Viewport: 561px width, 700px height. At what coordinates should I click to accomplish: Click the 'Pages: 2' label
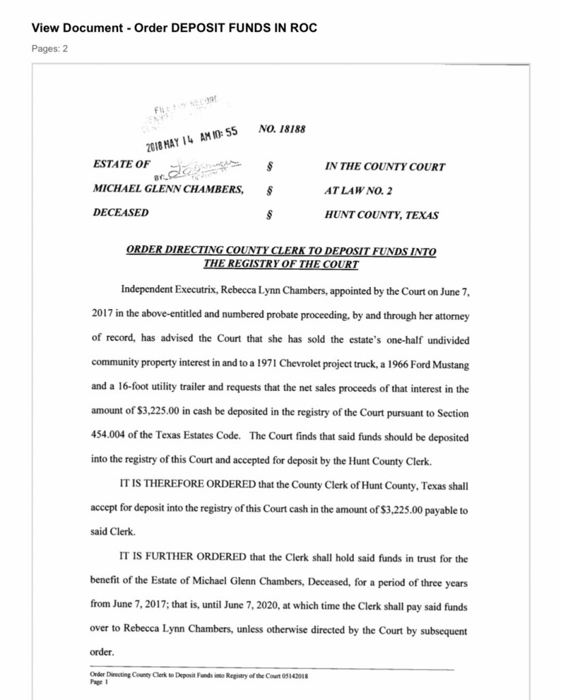[x=49, y=49]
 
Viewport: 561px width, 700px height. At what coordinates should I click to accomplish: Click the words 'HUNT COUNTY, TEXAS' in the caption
[x=381, y=215]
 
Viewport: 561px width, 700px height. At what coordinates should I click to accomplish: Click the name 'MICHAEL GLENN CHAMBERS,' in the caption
[x=167, y=189]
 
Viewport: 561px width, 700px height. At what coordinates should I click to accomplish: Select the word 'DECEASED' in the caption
[x=120, y=213]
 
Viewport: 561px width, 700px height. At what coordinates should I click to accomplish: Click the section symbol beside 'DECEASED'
[x=269, y=215]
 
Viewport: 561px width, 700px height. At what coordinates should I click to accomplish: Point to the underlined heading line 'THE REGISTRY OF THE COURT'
[x=281, y=264]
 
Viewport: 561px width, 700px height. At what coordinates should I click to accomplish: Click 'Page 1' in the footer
[x=100, y=681]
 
